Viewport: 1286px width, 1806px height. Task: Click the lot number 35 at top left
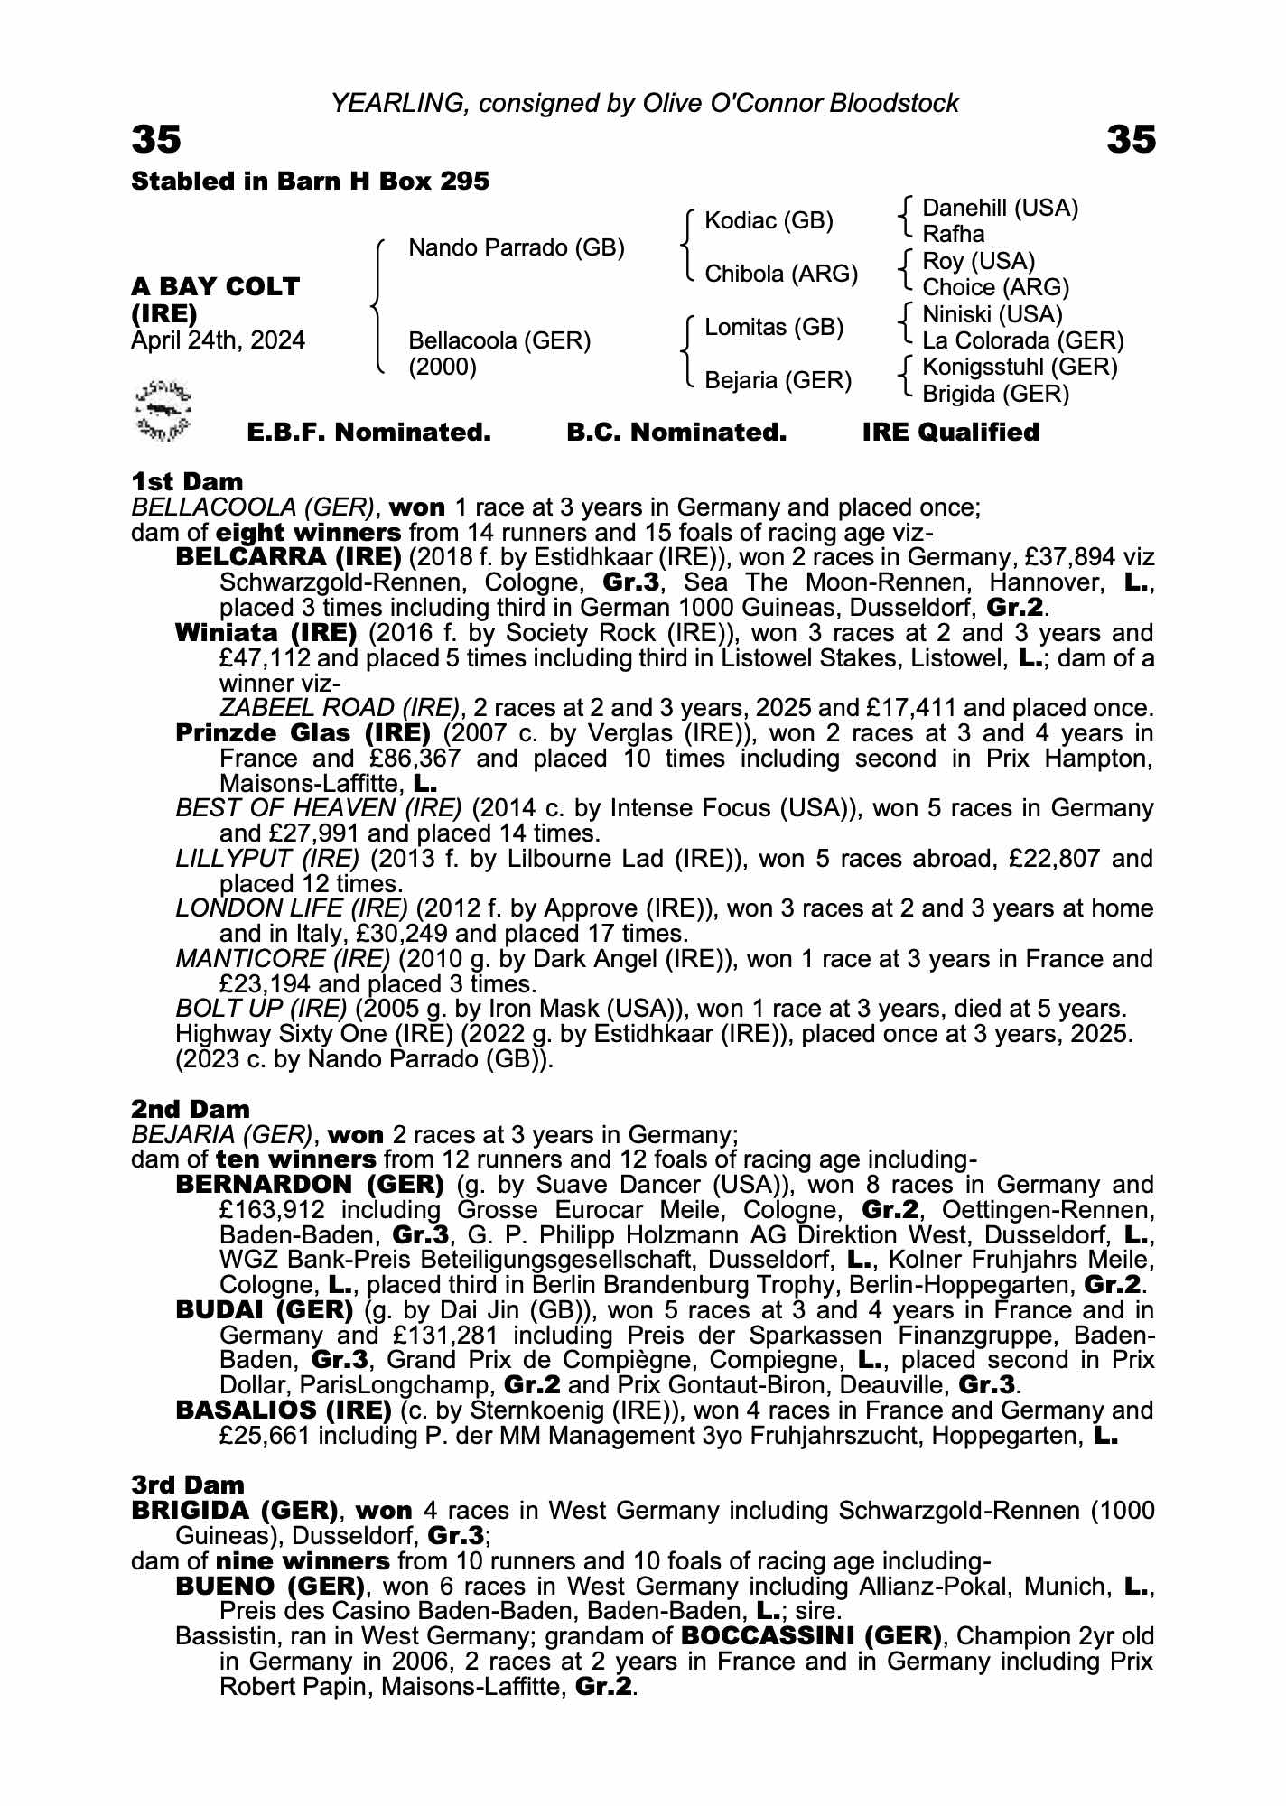click(x=156, y=140)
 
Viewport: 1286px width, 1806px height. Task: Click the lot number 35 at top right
click(x=1131, y=140)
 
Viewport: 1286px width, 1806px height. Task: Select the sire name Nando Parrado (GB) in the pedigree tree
click(x=517, y=247)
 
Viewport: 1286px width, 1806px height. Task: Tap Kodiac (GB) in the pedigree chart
click(x=769, y=221)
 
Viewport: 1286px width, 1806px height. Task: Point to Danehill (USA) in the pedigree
click(x=1000, y=209)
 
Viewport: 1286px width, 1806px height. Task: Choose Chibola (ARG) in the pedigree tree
click(x=780, y=274)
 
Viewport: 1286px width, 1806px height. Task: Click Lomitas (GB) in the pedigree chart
click(x=774, y=327)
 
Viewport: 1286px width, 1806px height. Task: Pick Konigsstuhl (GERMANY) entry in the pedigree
click(x=1020, y=368)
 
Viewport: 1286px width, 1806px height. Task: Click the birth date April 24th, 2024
click(x=218, y=340)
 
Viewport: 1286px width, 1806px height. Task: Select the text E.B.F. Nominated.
click(x=368, y=433)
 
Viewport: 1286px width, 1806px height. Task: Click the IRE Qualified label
click(x=950, y=433)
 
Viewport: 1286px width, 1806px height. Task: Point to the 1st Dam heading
click(x=187, y=481)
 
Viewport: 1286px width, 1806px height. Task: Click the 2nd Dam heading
click(x=190, y=1109)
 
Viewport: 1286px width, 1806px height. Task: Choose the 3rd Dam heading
click(x=188, y=1485)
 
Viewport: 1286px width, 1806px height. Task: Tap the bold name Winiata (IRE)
click(x=266, y=633)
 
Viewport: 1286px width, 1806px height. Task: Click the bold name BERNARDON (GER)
click(x=310, y=1184)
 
